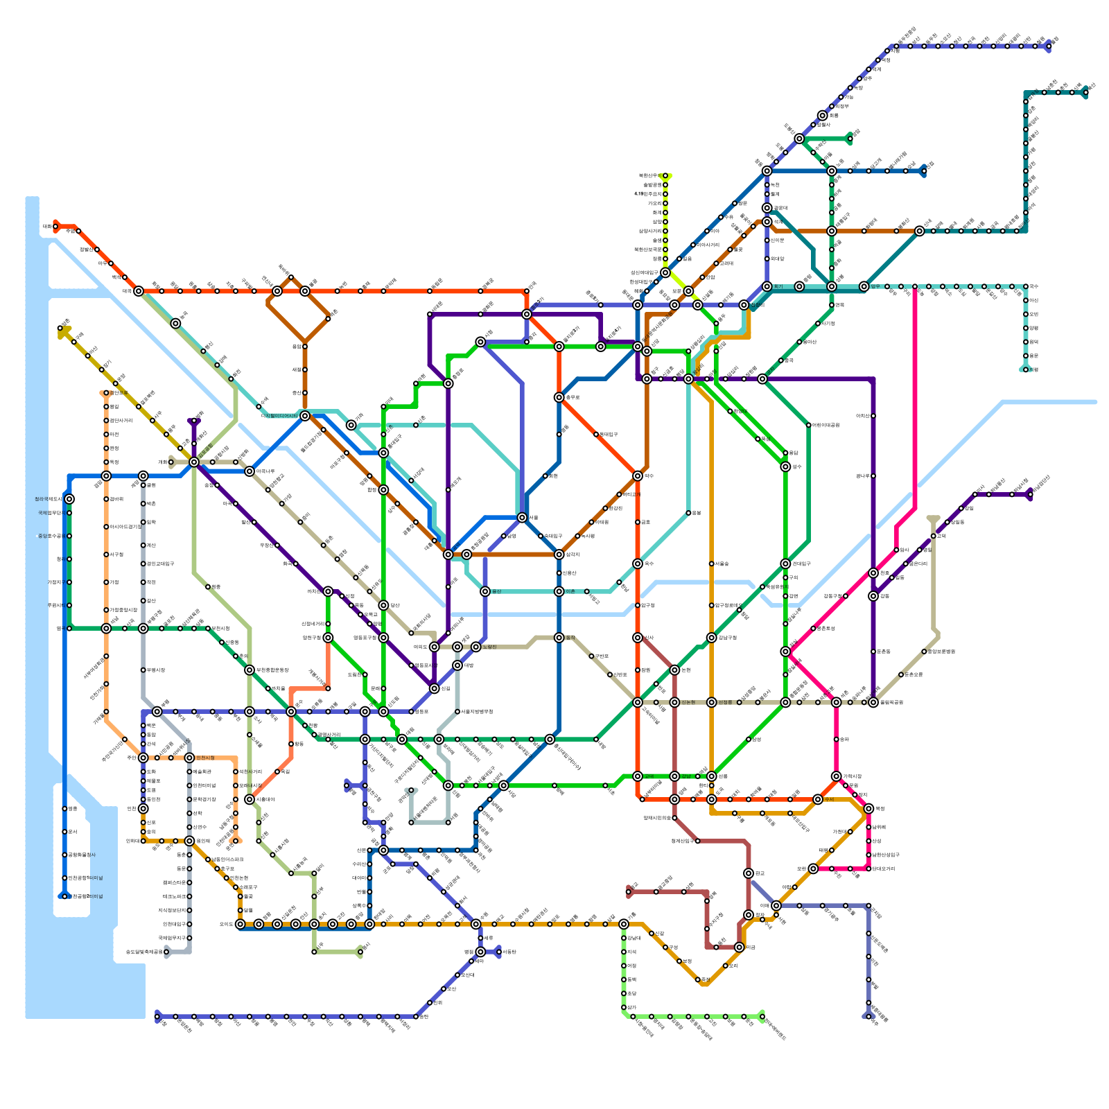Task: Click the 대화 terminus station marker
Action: point(55,226)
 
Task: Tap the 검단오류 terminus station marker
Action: point(106,393)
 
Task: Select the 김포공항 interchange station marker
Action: point(194,462)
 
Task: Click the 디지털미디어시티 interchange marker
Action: point(305,416)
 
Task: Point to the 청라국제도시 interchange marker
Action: point(69,499)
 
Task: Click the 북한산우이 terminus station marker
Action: point(665,176)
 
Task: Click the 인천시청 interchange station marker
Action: point(189,758)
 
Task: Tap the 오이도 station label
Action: point(227,924)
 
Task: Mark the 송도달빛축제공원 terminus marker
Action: point(166,952)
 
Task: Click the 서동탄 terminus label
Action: point(509,952)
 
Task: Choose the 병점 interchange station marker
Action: point(480,952)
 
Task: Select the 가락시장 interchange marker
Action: point(837,776)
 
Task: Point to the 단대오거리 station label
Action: point(884,868)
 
